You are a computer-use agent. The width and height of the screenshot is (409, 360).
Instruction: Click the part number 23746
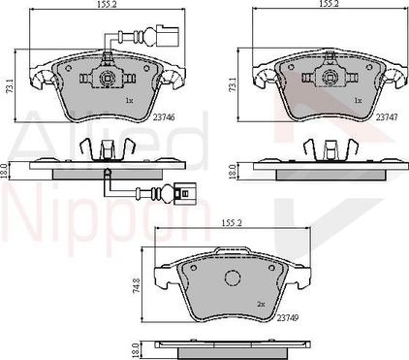point(164,117)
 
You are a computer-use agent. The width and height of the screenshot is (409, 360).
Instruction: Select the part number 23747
point(387,117)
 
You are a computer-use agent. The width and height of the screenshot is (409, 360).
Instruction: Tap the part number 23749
point(288,318)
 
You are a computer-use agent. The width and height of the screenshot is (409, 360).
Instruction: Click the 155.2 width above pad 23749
point(233,223)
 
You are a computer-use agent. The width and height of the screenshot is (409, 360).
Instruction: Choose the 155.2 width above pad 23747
point(328,5)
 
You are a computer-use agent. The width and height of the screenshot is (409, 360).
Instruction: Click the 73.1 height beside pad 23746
point(11,86)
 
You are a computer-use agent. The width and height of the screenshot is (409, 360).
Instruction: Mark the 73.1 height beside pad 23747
point(233,85)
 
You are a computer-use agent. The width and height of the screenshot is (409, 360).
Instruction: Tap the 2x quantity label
point(261,305)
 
